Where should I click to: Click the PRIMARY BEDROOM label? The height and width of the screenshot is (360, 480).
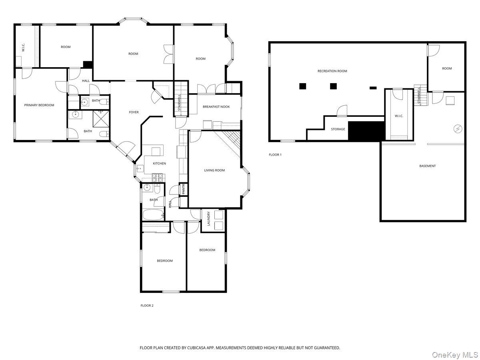39,105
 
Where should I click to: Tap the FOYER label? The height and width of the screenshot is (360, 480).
134,112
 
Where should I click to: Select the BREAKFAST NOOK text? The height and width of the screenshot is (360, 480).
216,107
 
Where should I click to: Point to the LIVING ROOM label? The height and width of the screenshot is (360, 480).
214,170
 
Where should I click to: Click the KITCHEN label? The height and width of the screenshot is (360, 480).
159,164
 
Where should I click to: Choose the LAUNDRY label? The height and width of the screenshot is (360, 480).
208,218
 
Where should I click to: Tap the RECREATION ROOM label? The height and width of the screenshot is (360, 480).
332,71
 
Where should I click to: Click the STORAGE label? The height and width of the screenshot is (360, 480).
338,129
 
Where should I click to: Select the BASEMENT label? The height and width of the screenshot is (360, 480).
427,166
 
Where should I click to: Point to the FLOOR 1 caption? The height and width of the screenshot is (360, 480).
275,155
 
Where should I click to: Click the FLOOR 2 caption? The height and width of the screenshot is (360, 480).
147,306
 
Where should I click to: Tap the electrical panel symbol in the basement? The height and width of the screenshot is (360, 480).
458,128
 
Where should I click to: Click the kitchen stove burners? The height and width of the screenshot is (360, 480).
158,178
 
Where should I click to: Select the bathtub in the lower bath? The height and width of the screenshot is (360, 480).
153,215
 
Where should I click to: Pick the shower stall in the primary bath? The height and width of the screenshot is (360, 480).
101,119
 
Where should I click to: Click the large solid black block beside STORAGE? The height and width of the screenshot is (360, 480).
366,130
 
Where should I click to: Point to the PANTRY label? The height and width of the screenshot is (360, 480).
184,189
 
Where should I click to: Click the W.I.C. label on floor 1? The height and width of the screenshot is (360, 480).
399,116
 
